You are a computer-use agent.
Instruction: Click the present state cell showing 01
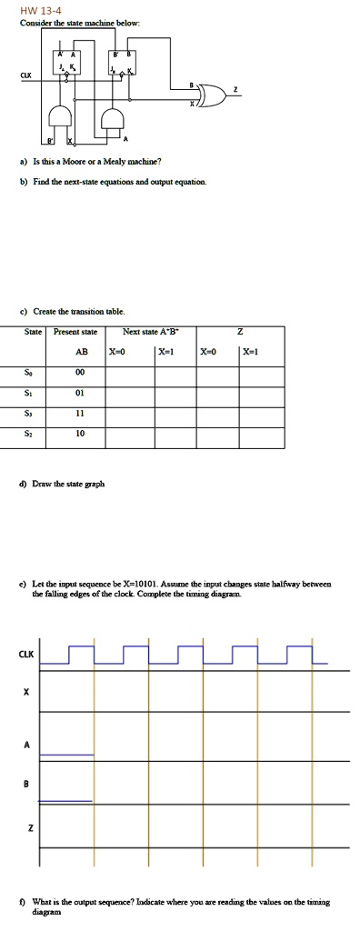coord(80,391)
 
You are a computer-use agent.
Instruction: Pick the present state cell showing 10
coord(80,433)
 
